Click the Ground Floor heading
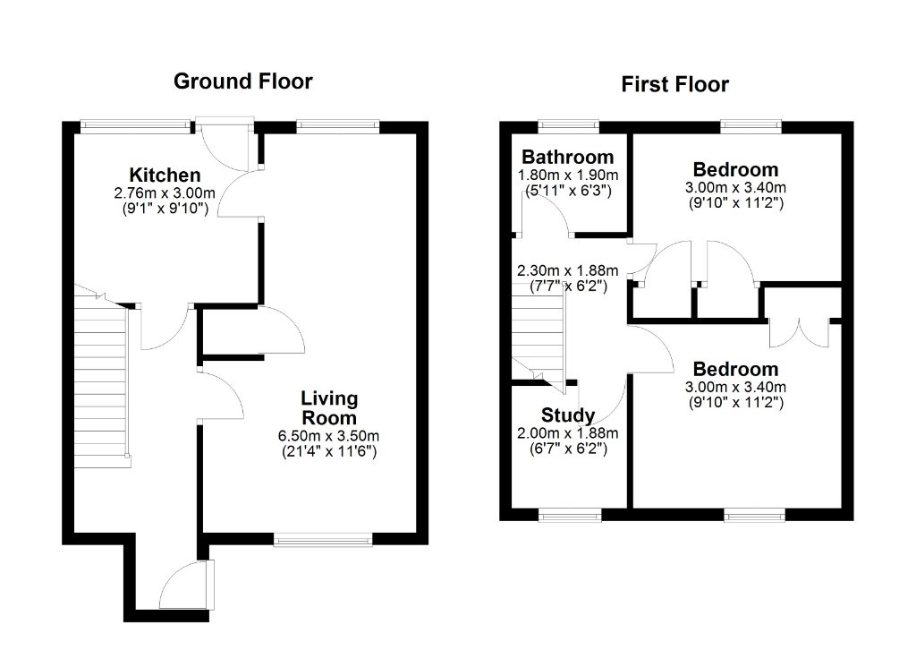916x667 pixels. [x=243, y=81]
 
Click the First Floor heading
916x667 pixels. [x=674, y=84]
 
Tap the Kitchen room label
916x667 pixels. [x=165, y=175]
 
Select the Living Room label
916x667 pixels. [x=329, y=408]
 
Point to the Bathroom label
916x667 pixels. [x=568, y=157]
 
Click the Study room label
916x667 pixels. [x=568, y=415]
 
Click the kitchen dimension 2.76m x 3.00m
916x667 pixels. [x=165, y=192]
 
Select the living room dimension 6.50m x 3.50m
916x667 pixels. [x=329, y=436]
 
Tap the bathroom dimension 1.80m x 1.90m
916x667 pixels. [x=568, y=175]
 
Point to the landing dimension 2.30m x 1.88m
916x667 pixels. [x=568, y=270]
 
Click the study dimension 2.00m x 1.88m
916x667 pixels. [x=568, y=433]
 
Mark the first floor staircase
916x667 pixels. [x=539, y=338]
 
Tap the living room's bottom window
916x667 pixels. [x=323, y=539]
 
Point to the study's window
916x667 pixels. [x=570, y=515]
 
